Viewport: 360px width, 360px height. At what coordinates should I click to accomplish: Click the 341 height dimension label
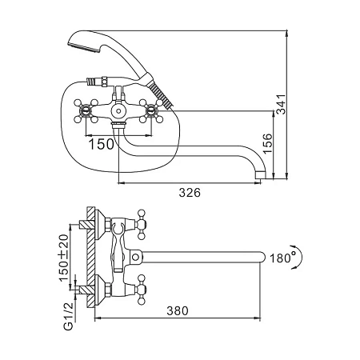[281, 104]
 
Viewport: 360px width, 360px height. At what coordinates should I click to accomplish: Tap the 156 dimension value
[267, 143]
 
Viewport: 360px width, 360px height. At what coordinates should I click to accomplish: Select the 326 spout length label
[190, 192]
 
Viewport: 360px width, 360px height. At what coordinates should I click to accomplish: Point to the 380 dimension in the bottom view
[178, 310]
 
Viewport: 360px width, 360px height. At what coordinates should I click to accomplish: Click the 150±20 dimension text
[63, 258]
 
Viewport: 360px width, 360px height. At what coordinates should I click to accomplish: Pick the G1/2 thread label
[68, 317]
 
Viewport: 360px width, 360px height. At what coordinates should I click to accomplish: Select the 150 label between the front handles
[101, 144]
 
